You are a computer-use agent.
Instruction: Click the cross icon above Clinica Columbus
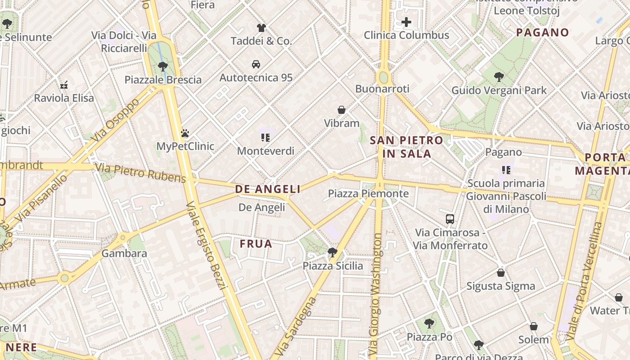(x=406, y=22)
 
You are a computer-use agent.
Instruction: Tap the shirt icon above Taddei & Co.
(x=261, y=28)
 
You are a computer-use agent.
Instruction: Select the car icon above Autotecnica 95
(x=256, y=64)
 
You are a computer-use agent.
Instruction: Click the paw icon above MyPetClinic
(x=185, y=133)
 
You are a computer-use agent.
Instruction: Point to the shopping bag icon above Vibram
(x=342, y=110)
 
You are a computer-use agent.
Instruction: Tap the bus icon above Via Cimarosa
(x=450, y=219)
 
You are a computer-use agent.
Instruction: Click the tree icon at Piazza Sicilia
(x=333, y=252)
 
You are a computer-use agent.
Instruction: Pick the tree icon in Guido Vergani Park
(x=499, y=77)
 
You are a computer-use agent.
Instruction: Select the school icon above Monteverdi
(x=265, y=138)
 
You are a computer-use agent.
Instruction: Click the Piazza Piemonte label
(x=368, y=194)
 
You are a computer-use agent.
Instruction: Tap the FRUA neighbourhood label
(x=256, y=244)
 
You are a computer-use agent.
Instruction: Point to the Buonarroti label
(x=382, y=89)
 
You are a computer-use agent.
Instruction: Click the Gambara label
(x=124, y=253)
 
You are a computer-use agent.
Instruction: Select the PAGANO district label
(x=543, y=32)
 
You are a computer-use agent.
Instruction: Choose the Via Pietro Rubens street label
(x=140, y=173)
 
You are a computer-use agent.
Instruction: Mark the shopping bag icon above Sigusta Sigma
(x=501, y=273)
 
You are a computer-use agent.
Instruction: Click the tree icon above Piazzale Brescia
(x=163, y=67)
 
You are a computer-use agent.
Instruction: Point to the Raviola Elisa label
(x=64, y=98)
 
